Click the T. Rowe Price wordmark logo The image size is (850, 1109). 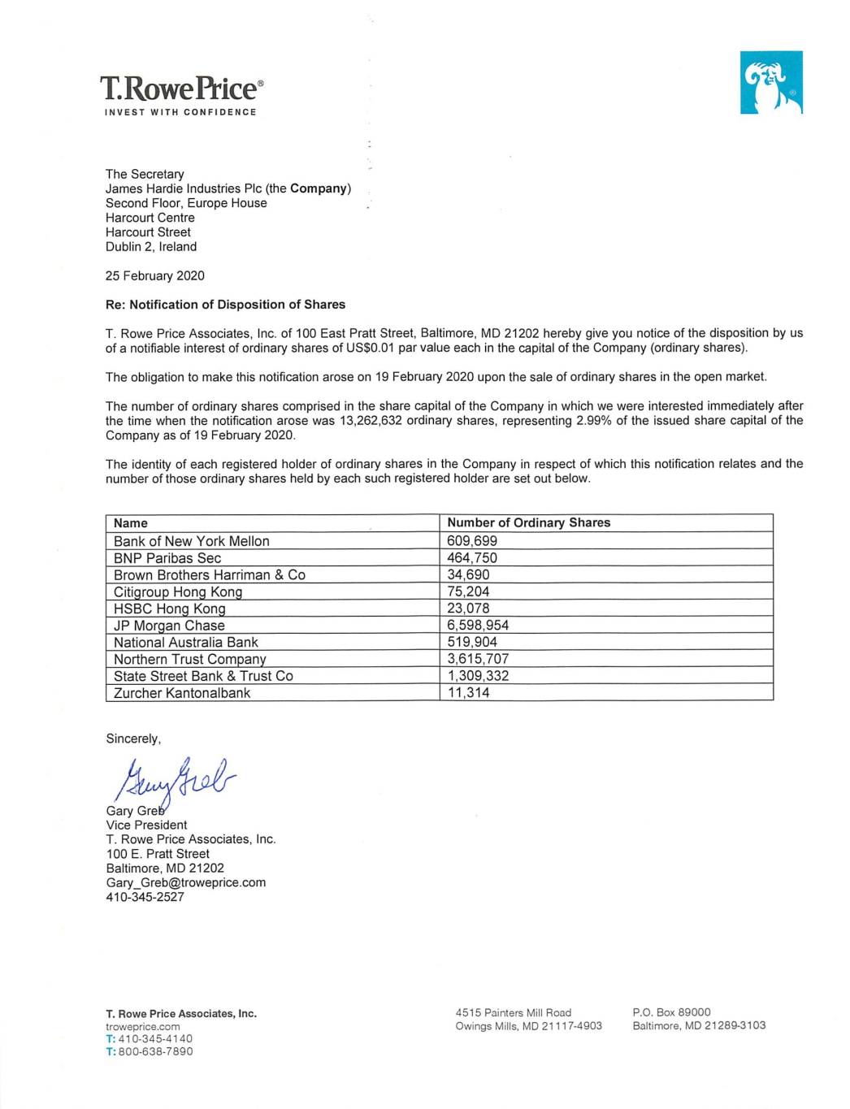[181, 89]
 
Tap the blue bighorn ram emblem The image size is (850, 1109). [770, 82]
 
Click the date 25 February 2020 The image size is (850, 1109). [154, 275]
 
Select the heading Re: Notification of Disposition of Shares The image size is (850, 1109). [225, 305]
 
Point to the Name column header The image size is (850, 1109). [131, 523]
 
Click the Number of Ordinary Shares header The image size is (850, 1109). [528, 522]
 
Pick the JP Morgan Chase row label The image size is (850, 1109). [169, 626]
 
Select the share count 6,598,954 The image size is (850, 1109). [478, 626]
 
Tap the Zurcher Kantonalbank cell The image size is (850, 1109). [182, 693]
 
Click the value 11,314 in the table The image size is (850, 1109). [468, 693]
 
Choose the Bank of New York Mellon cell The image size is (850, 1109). [191, 541]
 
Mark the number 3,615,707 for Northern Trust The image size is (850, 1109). [478, 659]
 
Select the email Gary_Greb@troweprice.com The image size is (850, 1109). [185, 882]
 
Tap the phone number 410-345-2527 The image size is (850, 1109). [145, 897]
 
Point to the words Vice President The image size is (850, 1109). [146, 825]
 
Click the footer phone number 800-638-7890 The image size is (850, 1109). [155, 1051]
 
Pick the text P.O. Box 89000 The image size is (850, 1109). [671, 1012]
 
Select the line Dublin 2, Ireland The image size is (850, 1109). [150, 247]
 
